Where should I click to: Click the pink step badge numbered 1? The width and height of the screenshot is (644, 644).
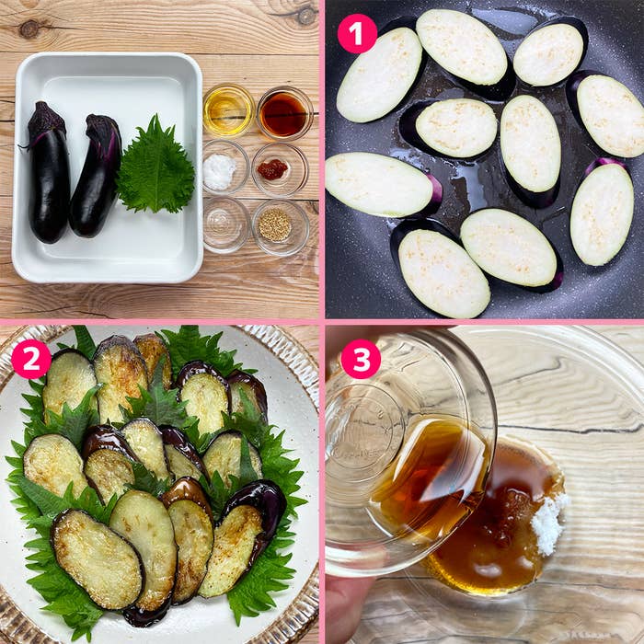357,33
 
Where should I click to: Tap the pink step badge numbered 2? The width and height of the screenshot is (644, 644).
31,359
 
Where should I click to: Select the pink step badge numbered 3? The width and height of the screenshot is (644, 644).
361,359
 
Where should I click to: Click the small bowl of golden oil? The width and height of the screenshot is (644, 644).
227,110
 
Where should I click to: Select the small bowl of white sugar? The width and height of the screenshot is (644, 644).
221,170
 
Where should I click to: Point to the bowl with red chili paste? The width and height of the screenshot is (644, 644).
273,169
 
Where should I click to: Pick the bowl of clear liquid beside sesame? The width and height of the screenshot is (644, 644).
224,224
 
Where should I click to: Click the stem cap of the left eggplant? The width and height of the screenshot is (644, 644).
45,120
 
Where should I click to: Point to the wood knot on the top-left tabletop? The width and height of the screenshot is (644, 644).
29,29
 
